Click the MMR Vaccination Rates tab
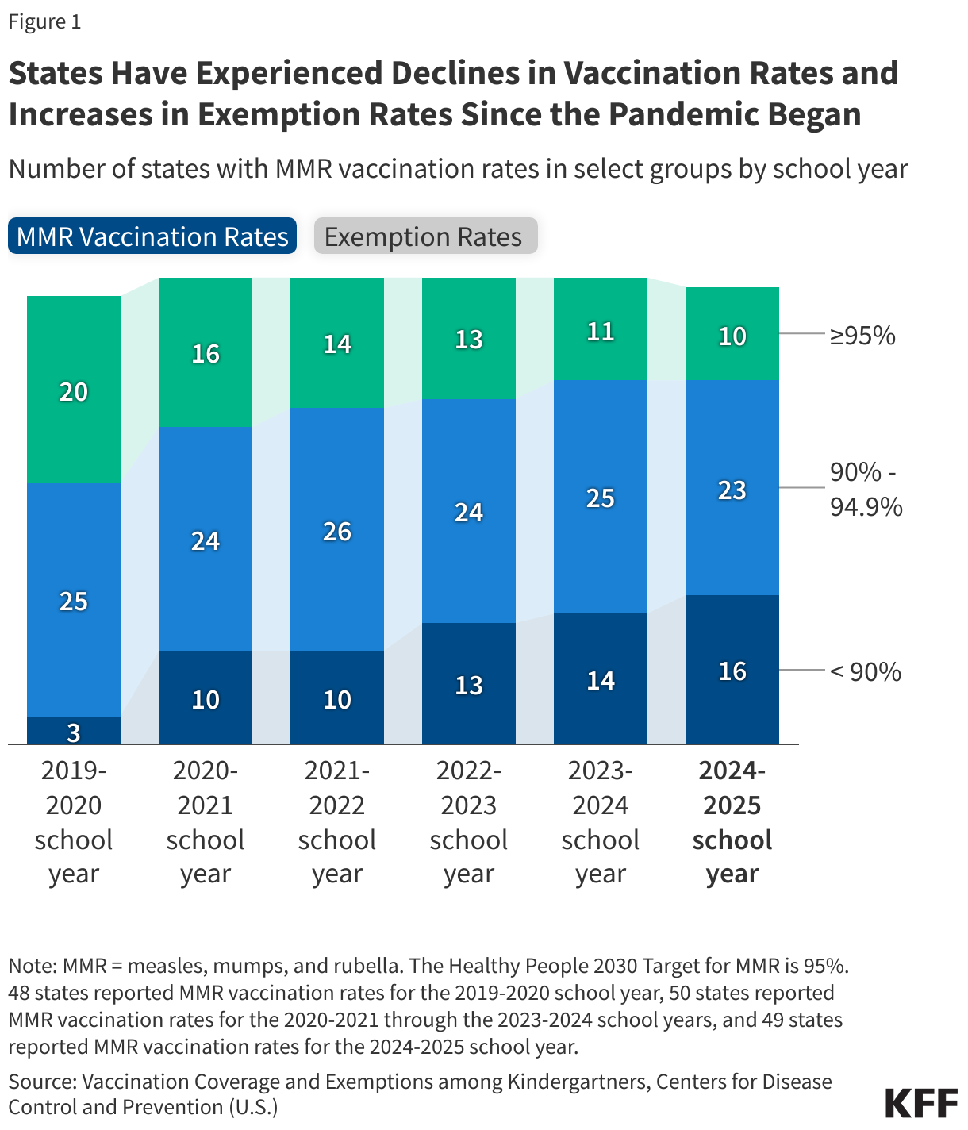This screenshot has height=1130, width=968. pyautogui.click(x=152, y=236)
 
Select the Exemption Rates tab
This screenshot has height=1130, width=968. pyautogui.click(x=425, y=236)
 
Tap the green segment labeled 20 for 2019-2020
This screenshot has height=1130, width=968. pyautogui.click(x=74, y=390)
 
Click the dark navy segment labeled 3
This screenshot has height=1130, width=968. pyautogui.click(x=74, y=731)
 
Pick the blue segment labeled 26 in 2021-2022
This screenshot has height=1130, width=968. pyautogui.click(x=337, y=530)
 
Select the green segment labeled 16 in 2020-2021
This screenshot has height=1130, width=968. pyautogui.click(x=206, y=352)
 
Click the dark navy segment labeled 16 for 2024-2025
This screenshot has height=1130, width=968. pyautogui.click(x=732, y=671)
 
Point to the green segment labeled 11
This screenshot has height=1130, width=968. pyautogui.click(x=601, y=330)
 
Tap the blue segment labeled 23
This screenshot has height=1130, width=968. pyautogui.click(x=732, y=489)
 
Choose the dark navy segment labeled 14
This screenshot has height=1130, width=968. pyautogui.click(x=601, y=679)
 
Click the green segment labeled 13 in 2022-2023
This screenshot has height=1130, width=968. pyautogui.click(x=469, y=339)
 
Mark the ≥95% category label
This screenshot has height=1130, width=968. pyautogui.click(x=862, y=336)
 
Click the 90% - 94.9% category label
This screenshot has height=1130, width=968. pyautogui.click(x=866, y=489)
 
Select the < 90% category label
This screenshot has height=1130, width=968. pyautogui.click(x=866, y=672)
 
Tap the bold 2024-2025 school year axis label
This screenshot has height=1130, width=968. pyautogui.click(x=732, y=822)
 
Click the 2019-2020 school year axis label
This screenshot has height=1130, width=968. pyautogui.click(x=74, y=822)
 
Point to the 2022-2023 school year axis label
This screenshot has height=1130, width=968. pyautogui.click(x=469, y=822)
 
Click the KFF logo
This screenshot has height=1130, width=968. pyautogui.click(x=921, y=1103)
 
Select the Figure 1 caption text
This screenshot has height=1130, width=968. pyautogui.click(x=45, y=21)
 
